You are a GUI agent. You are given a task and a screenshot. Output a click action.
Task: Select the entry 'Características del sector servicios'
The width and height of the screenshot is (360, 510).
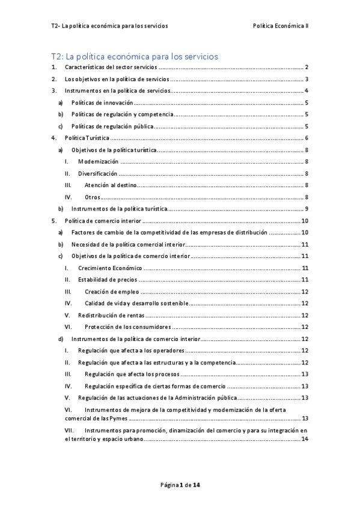pyautogui.click(x=112, y=67)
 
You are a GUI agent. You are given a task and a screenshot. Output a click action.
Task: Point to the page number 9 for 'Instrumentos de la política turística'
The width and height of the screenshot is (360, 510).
pyautogui.click(x=306, y=209)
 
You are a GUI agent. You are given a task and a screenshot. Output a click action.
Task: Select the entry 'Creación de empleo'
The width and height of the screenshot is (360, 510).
pyautogui.click(x=112, y=292)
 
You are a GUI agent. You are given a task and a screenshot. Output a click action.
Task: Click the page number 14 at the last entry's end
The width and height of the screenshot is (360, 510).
pyautogui.click(x=305, y=439)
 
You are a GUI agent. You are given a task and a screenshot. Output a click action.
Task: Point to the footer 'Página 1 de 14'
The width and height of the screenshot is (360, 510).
pyautogui.click(x=180, y=484)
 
